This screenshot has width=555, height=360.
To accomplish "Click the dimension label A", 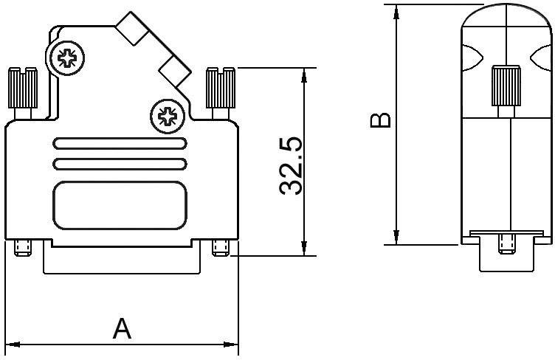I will point(122,328).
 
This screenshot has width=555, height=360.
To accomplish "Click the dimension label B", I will point(380,120).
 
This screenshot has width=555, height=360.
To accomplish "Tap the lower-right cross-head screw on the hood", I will point(168,114).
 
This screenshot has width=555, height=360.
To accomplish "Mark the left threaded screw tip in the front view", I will point(22,248).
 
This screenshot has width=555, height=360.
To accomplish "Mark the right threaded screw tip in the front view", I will point(221,248).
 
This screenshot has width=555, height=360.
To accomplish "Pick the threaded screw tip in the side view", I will point(506,242).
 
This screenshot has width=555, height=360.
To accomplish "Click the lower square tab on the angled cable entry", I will point(175,70).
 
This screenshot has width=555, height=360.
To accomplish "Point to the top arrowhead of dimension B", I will point(397,10).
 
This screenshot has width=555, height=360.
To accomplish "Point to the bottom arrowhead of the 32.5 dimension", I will point(303,249).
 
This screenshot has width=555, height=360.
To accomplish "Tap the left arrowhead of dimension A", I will point(12,344).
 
